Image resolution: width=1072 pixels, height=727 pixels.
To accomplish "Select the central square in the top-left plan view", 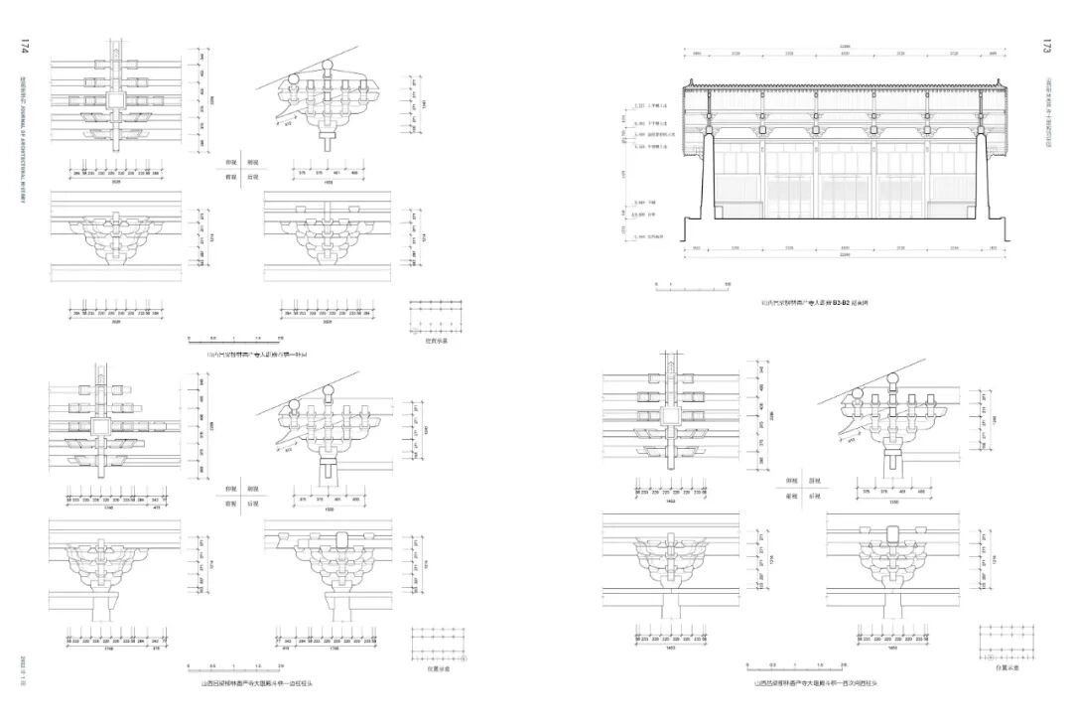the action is coord(115,101).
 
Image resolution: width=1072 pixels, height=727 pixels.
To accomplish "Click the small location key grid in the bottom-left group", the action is coord(438,642).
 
